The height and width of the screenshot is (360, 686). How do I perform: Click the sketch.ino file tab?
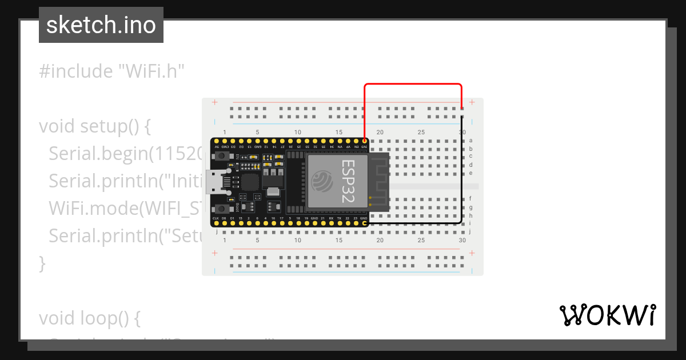coord(101,25)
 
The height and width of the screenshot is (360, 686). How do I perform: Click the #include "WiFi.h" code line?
coord(111,71)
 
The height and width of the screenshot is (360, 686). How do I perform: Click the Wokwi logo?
coord(607,315)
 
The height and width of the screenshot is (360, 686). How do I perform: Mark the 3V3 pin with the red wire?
coord(365,141)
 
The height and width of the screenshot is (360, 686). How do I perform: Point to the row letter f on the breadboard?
coord(470,198)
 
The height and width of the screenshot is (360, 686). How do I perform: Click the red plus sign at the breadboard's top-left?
coord(215,102)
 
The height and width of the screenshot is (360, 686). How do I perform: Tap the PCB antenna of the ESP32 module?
coord(379,182)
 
